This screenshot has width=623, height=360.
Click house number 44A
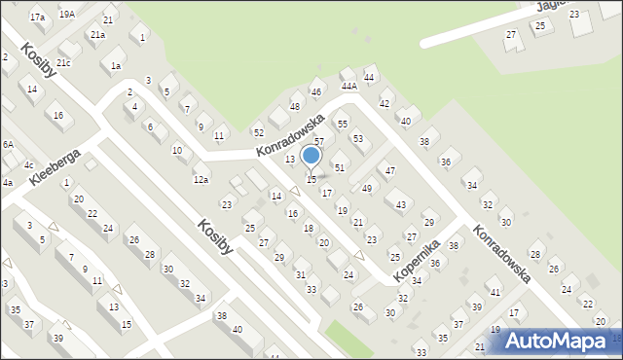pyautogui.click(x=348, y=86)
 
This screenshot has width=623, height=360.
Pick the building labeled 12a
pyautogui.click(x=201, y=179)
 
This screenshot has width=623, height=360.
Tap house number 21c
pyautogui.click(x=63, y=62)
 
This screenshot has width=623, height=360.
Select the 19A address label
pyautogui.click(x=66, y=15)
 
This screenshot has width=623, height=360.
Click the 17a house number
pyautogui.click(x=37, y=18)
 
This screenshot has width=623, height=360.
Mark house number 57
pyautogui.click(x=318, y=142)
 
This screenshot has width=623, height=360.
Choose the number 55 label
pyautogui.click(x=342, y=125)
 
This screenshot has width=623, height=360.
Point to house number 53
pyautogui.click(x=357, y=139)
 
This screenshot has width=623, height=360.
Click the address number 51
pyautogui.click(x=340, y=167)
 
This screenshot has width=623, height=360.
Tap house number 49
pyautogui.click(x=367, y=189)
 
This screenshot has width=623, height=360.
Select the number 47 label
pyautogui.click(x=390, y=171)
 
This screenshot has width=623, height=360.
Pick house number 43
pyautogui.click(x=400, y=205)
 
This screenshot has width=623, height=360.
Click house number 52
pyautogui.click(x=258, y=132)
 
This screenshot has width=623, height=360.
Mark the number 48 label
pyautogui.click(x=295, y=106)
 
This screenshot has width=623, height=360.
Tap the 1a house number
pyautogui.click(x=116, y=66)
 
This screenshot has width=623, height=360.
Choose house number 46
pyautogui.click(x=315, y=92)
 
